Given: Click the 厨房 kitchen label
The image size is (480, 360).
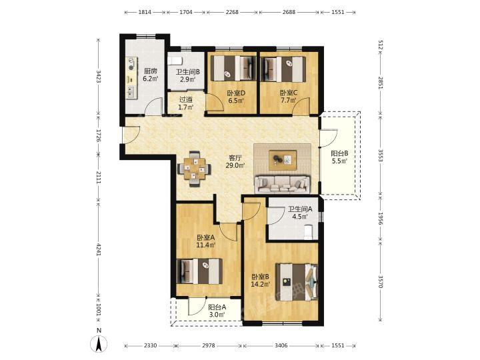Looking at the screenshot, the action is (x=151, y=71).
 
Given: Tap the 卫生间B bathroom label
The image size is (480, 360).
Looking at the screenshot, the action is (x=187, y=72).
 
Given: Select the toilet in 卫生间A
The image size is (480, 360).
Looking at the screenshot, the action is (x=307, y=232).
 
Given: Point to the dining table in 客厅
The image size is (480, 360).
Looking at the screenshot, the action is (x=194, y=169).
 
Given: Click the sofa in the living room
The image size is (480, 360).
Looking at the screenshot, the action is (x=282, y=184).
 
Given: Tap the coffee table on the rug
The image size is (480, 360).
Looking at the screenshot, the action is (x=283, y=160).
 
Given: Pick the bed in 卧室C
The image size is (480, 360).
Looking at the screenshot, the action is (x=283, y=69).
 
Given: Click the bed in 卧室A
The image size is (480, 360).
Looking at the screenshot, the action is (x=199, y=271).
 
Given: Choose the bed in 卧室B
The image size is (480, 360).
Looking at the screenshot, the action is (x=297, y=282).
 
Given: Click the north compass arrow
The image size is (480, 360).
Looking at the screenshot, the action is (x=99, y=344).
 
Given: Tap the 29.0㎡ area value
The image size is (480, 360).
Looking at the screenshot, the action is (x=235, y=166).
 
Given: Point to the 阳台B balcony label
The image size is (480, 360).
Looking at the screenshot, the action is (x=339, y=154).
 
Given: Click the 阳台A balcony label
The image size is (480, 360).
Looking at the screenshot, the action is (x=217, y=307).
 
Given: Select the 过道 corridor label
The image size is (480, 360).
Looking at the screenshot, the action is (x=186, y=100).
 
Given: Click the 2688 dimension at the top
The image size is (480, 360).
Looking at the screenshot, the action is (x=289, y=12).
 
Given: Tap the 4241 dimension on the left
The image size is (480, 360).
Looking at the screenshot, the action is (x=99, y=250).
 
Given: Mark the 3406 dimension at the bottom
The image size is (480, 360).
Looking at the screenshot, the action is (x=281, y=345).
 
